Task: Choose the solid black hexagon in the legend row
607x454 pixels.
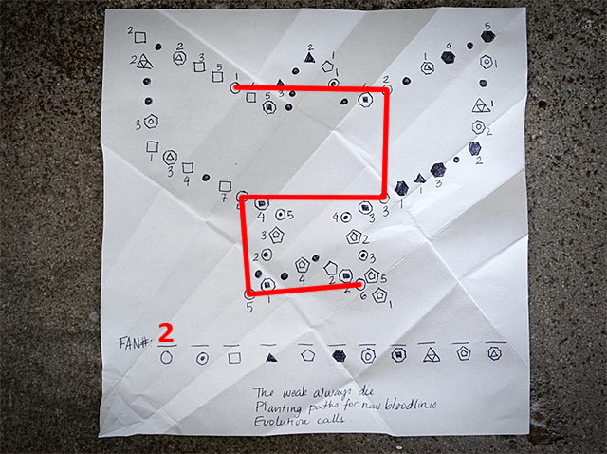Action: pyautogui.click(x=339, y=356)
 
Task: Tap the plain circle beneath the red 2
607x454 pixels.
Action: pyautogui.click(x=168, y=357)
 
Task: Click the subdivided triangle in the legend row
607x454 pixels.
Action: pyautogui.click(x=432, y=355)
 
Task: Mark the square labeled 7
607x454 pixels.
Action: pyautogui.click(x=226, y=185)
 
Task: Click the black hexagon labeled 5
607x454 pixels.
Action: pyautogui.click(x=488, y=37)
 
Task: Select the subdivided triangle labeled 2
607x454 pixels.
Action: pyautogui.click(x=143, y=62)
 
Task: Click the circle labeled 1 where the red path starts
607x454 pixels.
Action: pyautogui.click(x=234, y=88)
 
